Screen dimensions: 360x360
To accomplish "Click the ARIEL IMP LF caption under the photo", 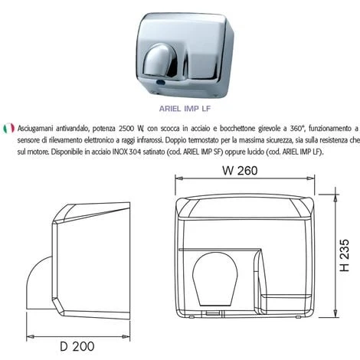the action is [185, 109].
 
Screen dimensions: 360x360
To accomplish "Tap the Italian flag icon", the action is [8, 128].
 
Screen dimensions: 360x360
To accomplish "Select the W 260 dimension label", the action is [240, 171].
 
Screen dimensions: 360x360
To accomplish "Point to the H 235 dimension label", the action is [345, 255].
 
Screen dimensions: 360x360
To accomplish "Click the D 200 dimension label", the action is [77, 346].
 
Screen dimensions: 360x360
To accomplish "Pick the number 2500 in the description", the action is [126, 129].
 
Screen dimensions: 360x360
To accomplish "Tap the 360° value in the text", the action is [298, 128].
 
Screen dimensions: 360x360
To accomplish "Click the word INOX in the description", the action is [119, 152].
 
